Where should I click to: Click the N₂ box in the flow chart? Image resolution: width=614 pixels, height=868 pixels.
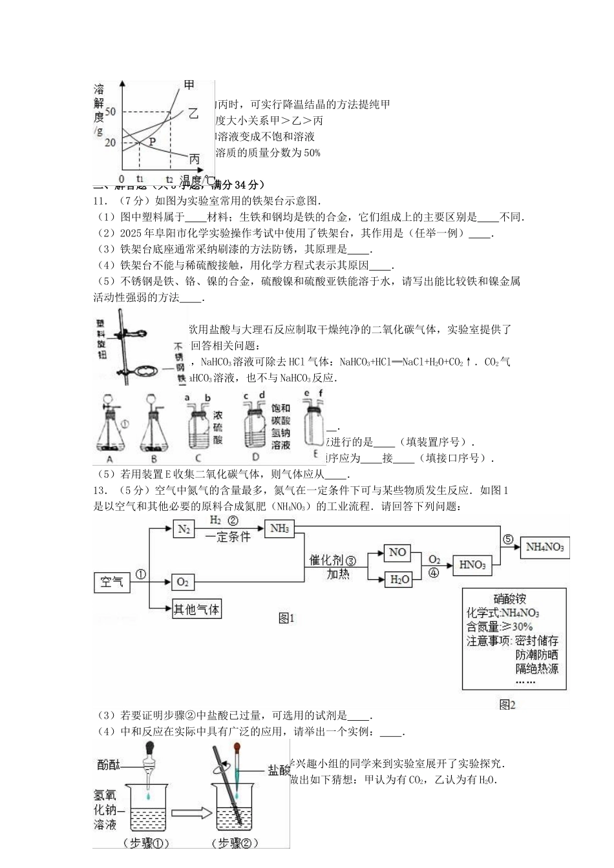pyautogui.click(x=184, y=530)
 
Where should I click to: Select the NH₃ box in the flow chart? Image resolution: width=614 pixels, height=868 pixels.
pyautogui.click(x=279, y=529)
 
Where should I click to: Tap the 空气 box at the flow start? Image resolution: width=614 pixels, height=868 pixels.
pyautogui.click(x=112, y=582)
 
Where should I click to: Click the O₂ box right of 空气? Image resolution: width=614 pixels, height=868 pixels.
pyautogui.click(x=183, y=582)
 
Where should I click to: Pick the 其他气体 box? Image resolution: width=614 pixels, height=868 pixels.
pyautogui.click(x=196, y=609)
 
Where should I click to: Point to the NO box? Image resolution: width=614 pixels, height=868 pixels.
pyautogui.click(x=397, y=552)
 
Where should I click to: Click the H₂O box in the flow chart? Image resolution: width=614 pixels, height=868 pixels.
pyautogui.click(x=399, y=579)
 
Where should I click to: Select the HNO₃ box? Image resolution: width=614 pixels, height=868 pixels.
pyautogui.click(x=472, y=565)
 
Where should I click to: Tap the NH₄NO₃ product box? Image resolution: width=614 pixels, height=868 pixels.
pyautogui.click(x=544, y=548)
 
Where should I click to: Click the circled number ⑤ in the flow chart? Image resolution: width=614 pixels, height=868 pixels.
pyautogui.click(x=507, y=539)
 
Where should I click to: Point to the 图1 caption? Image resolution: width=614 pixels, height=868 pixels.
pyautogui.click(x=286, y=618)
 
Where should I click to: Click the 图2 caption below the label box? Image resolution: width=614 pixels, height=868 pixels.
pyautogui.click(x=507, y=705)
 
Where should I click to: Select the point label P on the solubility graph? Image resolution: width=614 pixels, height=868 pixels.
pyautogui.click(x=153, y=141)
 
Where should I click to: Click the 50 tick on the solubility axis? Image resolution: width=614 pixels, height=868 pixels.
pyautogui.click(x=110, y=112)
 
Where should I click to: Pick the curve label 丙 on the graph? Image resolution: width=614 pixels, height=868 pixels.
pyautogui.click(x=195, y=159)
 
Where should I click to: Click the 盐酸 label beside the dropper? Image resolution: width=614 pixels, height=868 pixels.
pyautogui.click(x=279, y=770)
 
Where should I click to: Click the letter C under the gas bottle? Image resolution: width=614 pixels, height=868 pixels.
pyautogui.click(x=198, y=459)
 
